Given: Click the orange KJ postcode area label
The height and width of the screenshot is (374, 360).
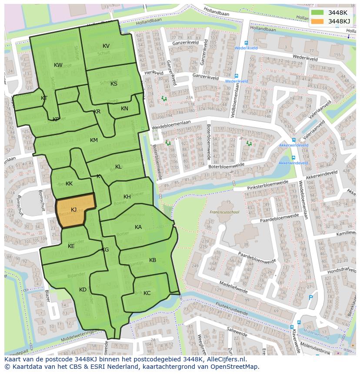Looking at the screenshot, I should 73,210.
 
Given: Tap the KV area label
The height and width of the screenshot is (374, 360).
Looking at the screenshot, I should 106,46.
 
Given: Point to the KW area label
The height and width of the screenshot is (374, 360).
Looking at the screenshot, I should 58,65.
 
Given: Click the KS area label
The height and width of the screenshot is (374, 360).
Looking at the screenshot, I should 114,84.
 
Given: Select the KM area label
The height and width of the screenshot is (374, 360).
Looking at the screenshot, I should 94,140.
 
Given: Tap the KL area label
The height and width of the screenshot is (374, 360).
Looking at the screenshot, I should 118,167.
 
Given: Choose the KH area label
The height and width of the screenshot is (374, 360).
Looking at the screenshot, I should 127,197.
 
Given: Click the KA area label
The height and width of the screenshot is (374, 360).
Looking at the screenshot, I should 138,227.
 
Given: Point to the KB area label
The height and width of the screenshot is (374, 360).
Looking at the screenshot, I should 153,260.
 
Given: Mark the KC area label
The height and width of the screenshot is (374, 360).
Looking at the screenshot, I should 147,293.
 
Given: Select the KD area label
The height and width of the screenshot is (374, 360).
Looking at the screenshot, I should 83,290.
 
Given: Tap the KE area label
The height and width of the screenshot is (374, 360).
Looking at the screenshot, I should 71,246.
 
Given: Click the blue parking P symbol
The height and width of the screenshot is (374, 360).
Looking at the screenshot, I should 310,298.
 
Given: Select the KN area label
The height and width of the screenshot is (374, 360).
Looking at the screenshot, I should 124,109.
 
